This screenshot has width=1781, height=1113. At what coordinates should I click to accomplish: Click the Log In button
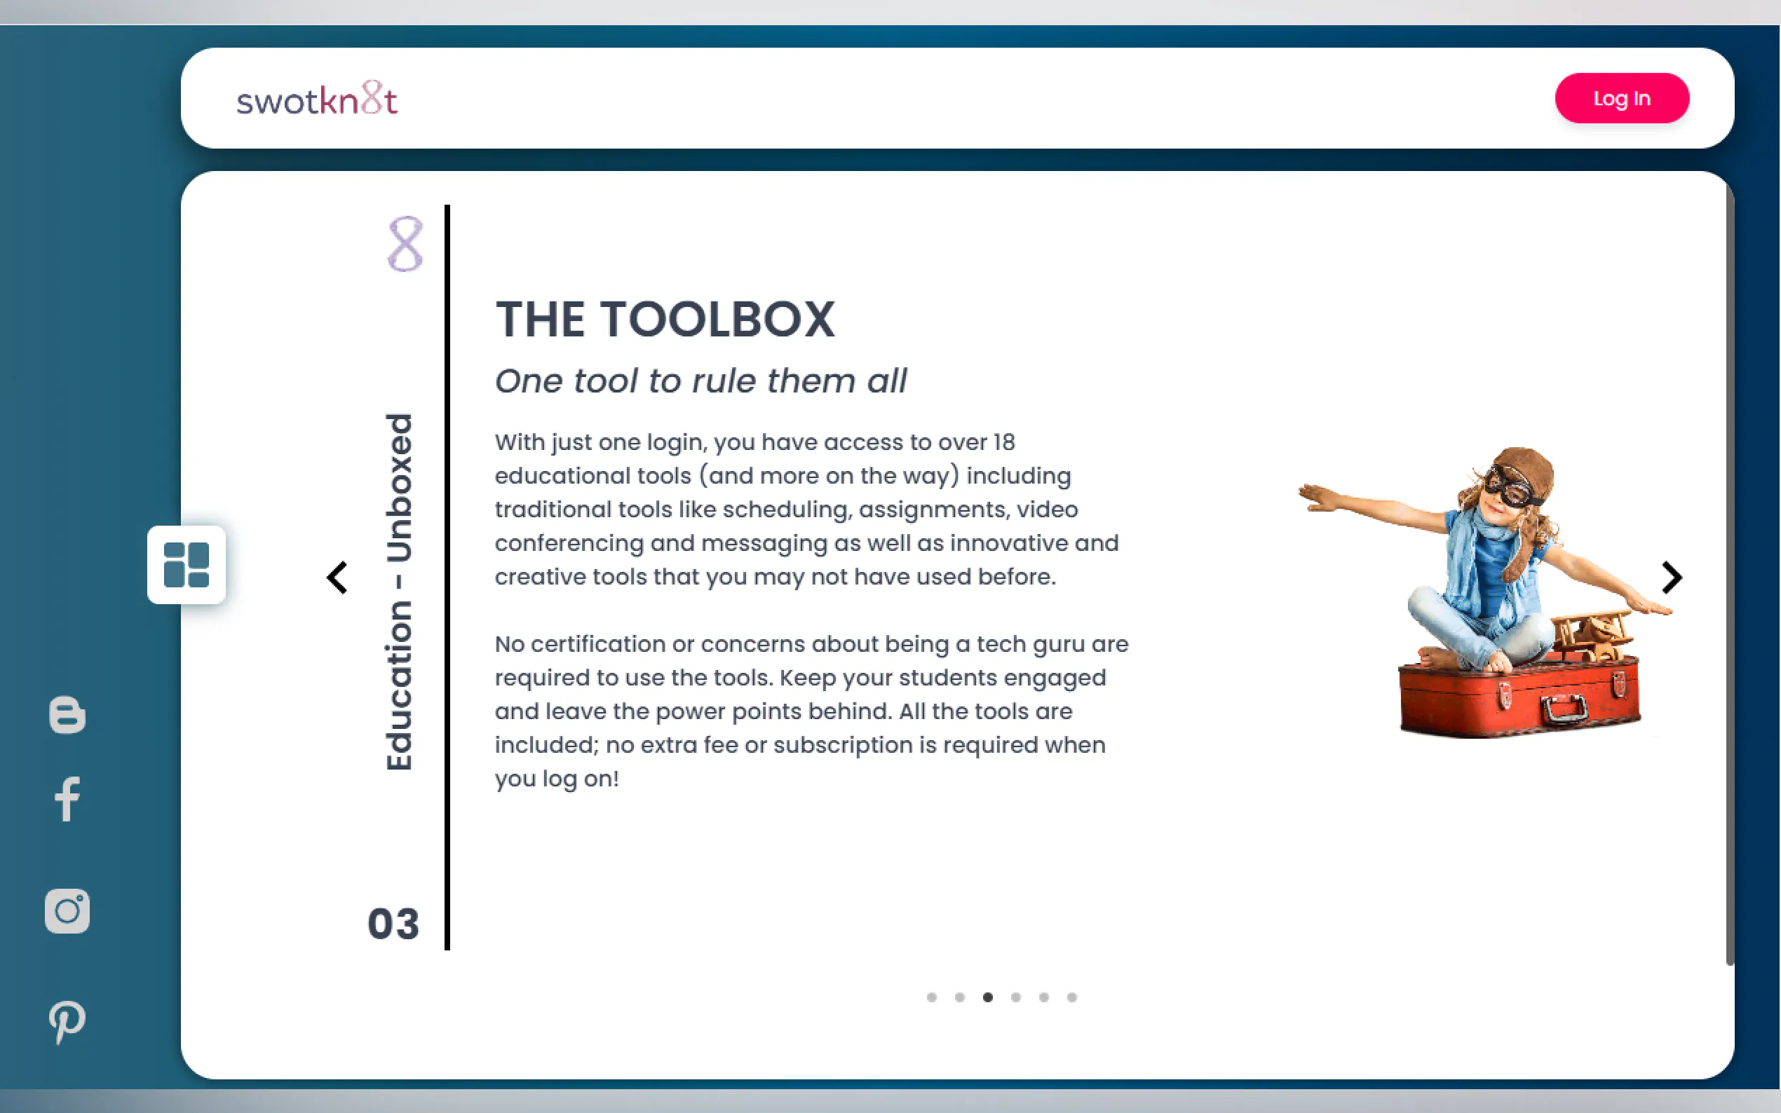1621,98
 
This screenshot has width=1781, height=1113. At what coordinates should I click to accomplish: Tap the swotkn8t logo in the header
317,99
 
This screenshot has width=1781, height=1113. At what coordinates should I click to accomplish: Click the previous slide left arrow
337,578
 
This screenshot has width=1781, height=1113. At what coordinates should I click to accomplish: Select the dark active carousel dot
987,997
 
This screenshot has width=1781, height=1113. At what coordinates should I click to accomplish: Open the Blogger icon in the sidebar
67,714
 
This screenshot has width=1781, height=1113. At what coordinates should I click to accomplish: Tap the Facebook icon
67,799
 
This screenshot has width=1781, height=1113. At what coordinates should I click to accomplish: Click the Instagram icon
67,911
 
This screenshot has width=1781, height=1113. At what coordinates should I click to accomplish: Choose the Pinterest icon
67,1022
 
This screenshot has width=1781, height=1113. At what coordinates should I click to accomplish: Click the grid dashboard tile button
187,565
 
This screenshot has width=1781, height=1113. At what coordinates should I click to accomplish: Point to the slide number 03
393,924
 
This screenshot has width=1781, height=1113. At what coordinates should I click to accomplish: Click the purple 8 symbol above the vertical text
405,244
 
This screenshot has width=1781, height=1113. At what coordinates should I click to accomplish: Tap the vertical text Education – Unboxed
399,592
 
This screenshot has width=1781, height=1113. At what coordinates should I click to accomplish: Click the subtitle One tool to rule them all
700,381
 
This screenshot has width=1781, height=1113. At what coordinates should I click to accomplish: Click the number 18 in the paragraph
1003,442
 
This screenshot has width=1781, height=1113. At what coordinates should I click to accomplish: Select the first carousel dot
931,997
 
